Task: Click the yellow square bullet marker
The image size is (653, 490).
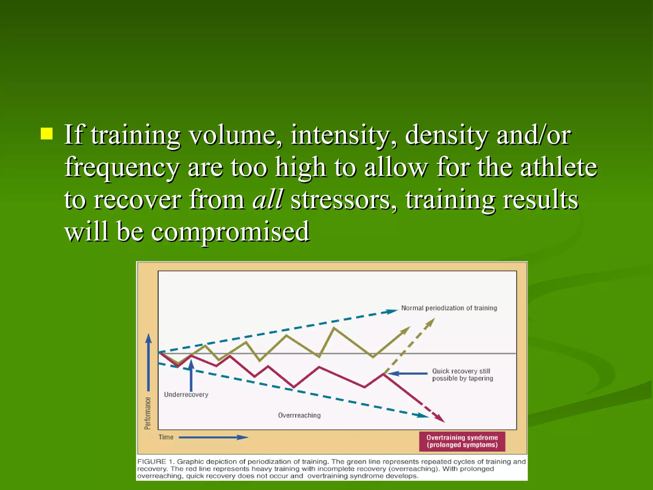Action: [47, 134]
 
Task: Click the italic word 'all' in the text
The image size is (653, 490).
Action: [267, 199]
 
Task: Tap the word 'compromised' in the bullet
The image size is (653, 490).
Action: [230, 232]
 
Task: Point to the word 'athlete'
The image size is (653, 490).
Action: [558, 167]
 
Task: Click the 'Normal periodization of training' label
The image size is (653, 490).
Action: [449, 308]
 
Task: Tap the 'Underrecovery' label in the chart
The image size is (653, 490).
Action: [186, 395]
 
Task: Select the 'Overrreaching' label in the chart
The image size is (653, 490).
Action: [299, 415]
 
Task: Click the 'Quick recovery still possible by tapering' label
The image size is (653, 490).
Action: [462, 375]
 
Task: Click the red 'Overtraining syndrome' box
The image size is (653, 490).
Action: [462, 441]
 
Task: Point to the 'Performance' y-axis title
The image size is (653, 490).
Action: [147, 413]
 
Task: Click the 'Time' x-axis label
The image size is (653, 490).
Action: [166, 437]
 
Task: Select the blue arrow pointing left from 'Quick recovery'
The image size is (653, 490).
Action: [408, 373]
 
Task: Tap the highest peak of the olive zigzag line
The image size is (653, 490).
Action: [334, 328]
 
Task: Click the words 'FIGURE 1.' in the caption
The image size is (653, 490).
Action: [156, 462]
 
